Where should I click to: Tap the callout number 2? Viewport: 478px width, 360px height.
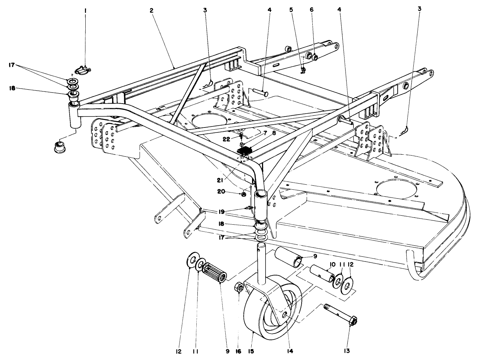tap(151, 10)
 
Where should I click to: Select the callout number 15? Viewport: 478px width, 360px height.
tap(251, 351)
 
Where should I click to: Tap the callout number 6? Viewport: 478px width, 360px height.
tap(311, 10)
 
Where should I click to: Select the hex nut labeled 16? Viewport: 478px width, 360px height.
tap(239, 287)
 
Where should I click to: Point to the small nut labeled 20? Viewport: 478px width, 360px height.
tap(243, 194)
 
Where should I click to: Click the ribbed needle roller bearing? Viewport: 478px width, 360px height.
tap(215, 277)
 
